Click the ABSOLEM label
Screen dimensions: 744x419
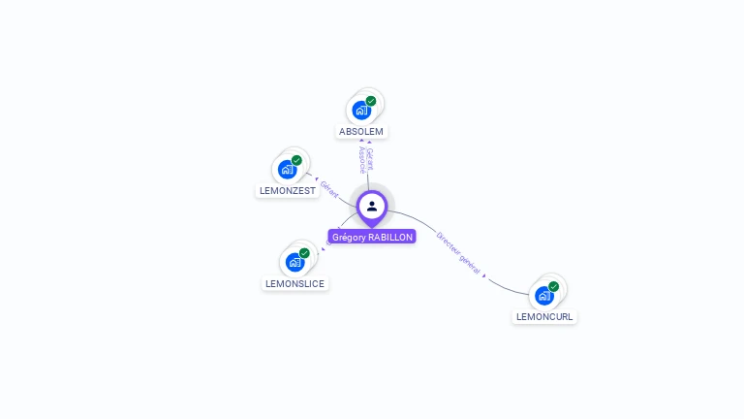pos(361,131)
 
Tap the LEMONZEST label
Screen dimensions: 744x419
pos(288,191)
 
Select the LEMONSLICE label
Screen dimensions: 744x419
pos(294,284)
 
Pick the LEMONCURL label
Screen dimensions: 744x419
pos(544,317)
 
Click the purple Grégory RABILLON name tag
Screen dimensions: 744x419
pos(372,237)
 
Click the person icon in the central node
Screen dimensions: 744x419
pos(372,206)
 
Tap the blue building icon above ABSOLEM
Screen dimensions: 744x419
pos(361,110)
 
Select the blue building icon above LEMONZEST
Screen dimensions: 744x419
pos(287,170)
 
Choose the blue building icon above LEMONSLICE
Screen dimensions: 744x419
pos(294,262)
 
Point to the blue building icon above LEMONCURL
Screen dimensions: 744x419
pos(543,295)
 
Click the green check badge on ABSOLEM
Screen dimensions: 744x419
pos(371,101)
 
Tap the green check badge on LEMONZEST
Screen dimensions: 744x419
pos(296,161)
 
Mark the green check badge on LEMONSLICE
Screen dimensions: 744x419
pos(304,253)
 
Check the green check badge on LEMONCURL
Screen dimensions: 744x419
pos(553,286)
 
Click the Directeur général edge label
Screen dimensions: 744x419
pos(458,251)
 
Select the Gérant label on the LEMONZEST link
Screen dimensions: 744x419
pos(329,189)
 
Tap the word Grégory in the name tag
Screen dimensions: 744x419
pos(349,237)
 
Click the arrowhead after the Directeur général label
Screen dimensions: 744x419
pos(483,274)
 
